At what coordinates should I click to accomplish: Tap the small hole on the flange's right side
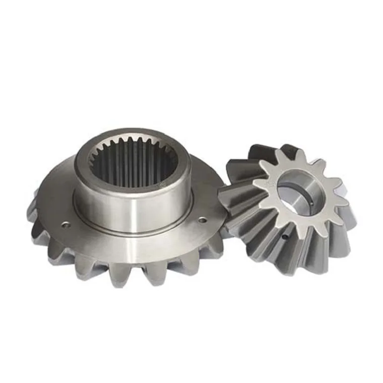click(203, 220)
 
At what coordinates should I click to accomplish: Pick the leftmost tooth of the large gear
click(33, 214)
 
